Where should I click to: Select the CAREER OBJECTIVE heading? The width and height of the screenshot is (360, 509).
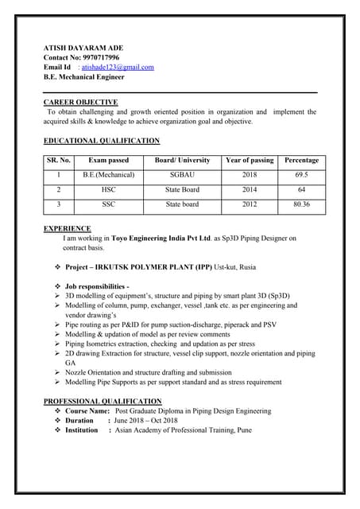tap(80, 102)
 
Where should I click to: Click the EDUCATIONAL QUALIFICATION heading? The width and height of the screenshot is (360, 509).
tap(101, 141)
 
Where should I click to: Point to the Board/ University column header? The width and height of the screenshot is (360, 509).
tap(183, 160)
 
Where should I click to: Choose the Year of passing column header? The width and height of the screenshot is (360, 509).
tap(250, 160)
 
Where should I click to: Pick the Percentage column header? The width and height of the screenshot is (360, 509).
tap(301, 160)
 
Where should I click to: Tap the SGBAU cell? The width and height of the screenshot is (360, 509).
tap(182, 175)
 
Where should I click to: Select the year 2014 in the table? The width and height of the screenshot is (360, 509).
tap(250, 190)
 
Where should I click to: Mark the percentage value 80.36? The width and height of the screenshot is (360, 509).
tap(301, 204)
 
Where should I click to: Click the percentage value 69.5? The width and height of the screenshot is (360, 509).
tap(301, 175)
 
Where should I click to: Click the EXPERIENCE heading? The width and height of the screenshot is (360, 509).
tap(67, 228)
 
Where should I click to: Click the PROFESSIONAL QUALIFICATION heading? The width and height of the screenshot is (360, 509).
tap(103, 401)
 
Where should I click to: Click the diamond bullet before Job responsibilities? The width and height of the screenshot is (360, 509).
tap(57, 286)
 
